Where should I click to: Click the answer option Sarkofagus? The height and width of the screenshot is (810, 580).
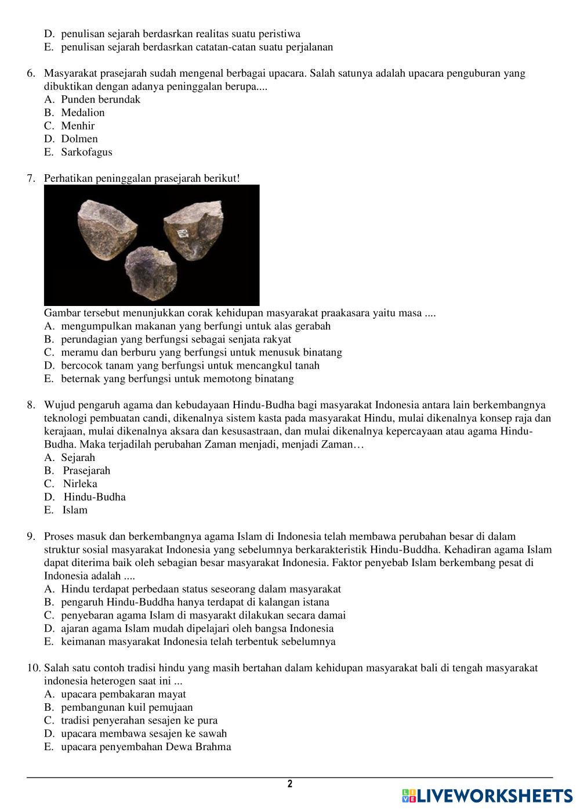point(86,152)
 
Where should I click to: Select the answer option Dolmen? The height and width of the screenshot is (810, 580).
point(79,139)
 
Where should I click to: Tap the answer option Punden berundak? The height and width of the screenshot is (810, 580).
point(100,99)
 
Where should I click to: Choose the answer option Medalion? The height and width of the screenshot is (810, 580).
point(83,113)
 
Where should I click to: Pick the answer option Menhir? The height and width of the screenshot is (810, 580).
point(78,125)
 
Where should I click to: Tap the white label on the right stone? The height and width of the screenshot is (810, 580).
point(182,233)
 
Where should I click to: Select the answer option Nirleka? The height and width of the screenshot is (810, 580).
point(80,484)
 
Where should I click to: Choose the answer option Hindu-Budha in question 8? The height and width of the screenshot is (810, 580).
point(95,497)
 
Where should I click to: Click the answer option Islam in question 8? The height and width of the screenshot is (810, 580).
point(75,510)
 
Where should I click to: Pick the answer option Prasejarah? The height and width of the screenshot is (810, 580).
point(86,470)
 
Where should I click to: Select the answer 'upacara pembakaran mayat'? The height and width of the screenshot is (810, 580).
point(124,694)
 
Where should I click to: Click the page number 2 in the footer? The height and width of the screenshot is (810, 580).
point(290,784)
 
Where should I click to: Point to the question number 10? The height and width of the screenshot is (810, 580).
point(33,668)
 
